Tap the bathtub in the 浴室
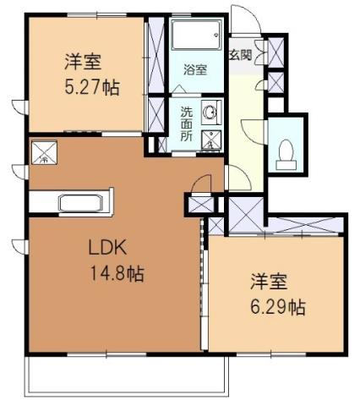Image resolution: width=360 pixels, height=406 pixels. [x=195, y=38]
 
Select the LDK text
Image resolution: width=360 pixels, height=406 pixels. [x=107, y=249]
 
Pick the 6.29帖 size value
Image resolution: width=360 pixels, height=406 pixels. [x=276, y=307]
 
